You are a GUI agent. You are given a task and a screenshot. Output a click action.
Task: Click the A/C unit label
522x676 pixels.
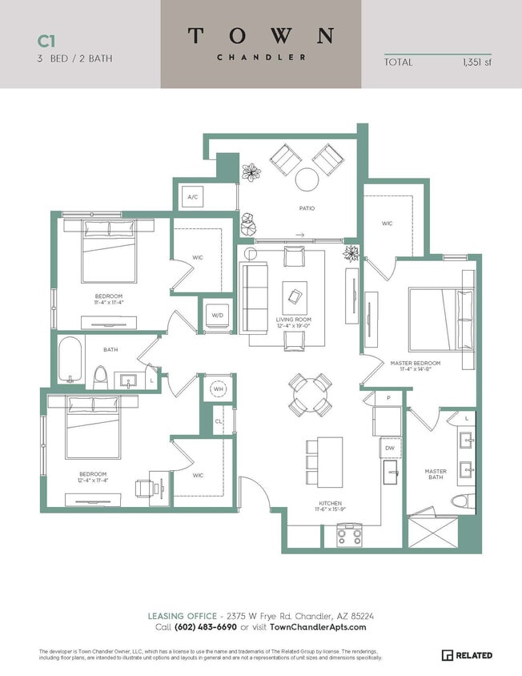point(193,196)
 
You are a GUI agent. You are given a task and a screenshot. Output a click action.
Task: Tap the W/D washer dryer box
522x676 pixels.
point(217,315)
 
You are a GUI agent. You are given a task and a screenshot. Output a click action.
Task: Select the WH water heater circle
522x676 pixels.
point(217,389)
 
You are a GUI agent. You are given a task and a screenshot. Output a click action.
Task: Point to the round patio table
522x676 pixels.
point(307,179)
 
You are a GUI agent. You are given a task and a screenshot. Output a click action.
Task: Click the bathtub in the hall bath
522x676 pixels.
point(70,359)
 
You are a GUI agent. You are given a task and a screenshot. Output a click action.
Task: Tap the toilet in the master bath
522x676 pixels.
point(459,501)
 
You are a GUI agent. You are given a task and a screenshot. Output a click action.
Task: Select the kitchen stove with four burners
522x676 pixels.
point(349,534)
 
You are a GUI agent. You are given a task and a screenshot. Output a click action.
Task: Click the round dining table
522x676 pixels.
point(310,394)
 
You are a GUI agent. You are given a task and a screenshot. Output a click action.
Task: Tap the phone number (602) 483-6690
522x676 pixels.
point(206,627)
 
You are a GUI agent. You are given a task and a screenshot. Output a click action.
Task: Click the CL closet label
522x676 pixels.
point(218,420)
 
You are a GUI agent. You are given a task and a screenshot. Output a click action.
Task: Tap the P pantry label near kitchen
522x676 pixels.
point(387,397)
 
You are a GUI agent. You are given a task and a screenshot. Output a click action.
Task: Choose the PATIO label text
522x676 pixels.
point(307,208)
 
